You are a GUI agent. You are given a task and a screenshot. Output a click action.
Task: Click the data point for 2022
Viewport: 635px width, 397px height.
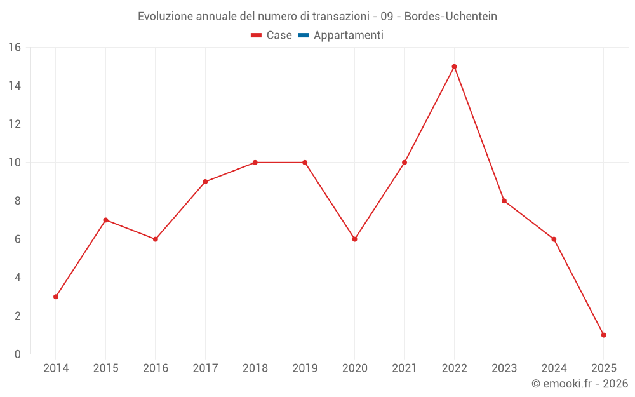click(454, 67)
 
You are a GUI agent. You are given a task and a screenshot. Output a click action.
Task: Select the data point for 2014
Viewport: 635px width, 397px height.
click(56, 297)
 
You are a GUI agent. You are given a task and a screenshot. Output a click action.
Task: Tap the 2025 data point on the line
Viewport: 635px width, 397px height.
click(603, 335)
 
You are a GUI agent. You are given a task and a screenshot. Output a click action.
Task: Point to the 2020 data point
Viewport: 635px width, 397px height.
click(354, 239)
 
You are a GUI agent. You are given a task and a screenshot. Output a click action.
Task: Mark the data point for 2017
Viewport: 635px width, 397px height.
click(205, 182)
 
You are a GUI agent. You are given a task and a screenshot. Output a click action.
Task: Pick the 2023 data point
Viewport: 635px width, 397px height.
click(504, 201)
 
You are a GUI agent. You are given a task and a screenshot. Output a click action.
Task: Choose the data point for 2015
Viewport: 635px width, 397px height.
click(105, 220)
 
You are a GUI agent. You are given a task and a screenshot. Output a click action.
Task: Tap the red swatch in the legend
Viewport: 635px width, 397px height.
click(257, 36)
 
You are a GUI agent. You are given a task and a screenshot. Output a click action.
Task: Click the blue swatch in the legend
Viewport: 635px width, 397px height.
click(303, 36)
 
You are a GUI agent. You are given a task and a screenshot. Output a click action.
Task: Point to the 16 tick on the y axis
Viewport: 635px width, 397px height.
click(15, 48)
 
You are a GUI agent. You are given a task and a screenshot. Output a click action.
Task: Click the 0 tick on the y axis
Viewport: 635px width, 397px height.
click(17, 354)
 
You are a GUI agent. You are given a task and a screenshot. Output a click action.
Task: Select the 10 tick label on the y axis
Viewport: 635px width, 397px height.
click(15, 163)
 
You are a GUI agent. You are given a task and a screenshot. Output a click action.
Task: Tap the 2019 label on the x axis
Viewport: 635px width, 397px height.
click(305, 368)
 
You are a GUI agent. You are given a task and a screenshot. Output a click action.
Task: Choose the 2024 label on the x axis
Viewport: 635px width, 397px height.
click(554, 368)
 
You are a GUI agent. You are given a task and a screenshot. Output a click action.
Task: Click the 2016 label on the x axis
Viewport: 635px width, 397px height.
click(156, 368)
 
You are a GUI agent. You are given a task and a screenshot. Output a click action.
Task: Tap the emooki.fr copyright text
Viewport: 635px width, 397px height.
click(580, 384)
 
